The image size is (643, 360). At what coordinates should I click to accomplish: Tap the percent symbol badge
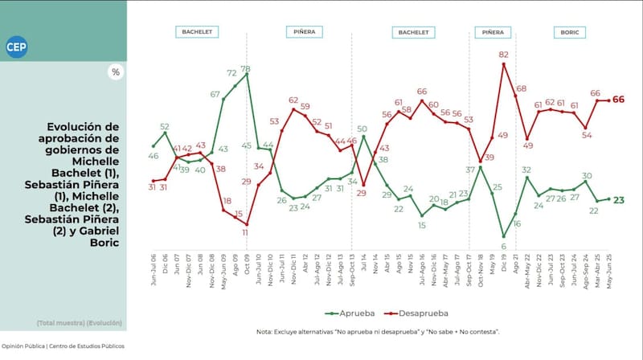(116, 72)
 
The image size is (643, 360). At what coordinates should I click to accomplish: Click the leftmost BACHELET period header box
(196, 33)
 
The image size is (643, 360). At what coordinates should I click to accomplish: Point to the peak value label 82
(503, 55)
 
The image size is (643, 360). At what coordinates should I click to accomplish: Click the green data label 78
(246, 68)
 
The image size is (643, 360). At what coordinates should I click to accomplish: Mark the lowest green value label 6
(504, 246)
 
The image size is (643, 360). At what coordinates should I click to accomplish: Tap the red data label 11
(246, 231)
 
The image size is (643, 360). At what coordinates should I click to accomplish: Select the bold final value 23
(620, 199)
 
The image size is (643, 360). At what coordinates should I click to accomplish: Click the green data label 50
(362, 129)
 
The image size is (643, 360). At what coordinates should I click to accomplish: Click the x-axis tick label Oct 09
(245, 278)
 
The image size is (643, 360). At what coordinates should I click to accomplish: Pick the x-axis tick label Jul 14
(362, 278)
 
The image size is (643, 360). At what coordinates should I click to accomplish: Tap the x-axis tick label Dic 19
(503, 278)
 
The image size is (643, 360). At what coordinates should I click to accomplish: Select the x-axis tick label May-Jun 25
(608, 282)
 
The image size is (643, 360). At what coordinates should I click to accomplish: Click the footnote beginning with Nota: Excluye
(379, 331)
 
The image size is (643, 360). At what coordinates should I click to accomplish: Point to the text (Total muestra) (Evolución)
(79, 323)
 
